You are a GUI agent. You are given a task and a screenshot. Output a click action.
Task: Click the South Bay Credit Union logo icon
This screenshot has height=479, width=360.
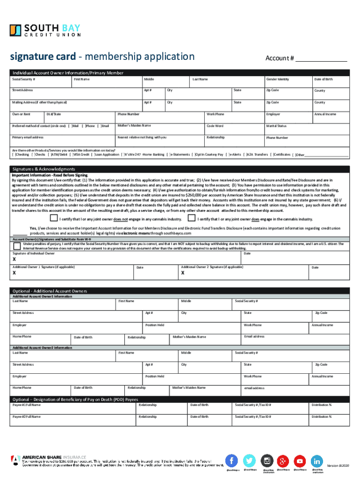[16, 30]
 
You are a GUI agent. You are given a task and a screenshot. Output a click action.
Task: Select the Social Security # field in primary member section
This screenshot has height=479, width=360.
[40, 81]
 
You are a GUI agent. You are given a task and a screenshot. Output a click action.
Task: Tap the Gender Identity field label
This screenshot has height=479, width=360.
[277, 80]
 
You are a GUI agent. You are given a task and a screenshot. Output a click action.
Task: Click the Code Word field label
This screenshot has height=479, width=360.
[215, 126]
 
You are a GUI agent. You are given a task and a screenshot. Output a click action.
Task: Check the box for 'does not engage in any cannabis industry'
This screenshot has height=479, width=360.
[54, 218]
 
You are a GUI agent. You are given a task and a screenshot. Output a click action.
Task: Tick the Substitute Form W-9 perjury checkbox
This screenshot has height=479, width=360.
[17, 246]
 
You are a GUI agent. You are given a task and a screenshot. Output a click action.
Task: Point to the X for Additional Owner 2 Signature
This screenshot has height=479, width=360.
[183, 273]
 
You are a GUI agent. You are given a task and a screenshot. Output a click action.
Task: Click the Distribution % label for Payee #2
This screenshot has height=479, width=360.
[322, 416]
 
